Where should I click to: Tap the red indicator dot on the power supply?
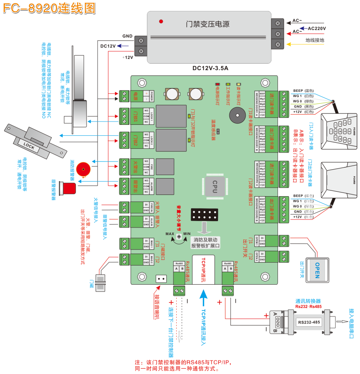tap(162, 21)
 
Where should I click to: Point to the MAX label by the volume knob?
tap(170, 234)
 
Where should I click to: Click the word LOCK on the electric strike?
tap(29, 145)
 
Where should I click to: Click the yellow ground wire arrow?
tap(294, 44)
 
